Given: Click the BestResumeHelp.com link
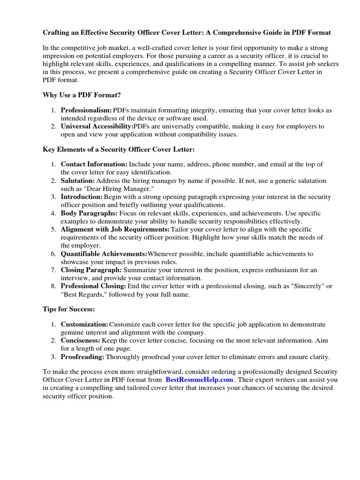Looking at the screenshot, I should coord(199,380).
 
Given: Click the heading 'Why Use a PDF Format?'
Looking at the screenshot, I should coord(82,95).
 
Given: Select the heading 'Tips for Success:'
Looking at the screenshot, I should coord(69,309).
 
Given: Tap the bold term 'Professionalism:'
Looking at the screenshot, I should coord(86,110).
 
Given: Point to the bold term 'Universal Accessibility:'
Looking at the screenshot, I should coord(97,127).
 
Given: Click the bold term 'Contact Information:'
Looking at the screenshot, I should coord(94,164).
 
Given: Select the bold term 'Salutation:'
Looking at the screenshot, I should coord(78,180).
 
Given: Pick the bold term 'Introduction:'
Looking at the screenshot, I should coord(82,197).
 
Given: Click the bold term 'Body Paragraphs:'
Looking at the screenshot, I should coord(89,213).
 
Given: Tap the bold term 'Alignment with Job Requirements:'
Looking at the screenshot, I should coord(115,229).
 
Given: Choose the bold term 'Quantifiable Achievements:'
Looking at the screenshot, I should coord(104,254).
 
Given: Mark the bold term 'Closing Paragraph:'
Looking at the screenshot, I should coord(91,270).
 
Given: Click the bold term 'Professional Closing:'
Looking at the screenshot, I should coord(93,286).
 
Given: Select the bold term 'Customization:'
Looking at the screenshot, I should coord(84,324).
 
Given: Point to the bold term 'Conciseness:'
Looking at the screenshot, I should coord(81,340).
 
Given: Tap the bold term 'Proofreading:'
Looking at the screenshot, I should coord(82,357).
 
